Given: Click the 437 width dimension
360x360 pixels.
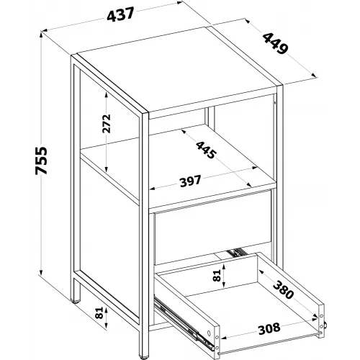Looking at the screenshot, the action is point(120,14).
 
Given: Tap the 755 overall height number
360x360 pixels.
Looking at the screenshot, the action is point(41,161).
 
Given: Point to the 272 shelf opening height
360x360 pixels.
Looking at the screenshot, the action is point(107,123).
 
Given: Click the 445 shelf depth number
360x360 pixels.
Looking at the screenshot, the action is point(206,150).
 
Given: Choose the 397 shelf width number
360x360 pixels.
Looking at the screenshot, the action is point(190,181).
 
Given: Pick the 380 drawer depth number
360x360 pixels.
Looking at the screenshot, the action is point(284,289).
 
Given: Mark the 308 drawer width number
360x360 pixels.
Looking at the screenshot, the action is point(269,328).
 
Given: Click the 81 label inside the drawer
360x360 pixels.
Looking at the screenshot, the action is point(217,276).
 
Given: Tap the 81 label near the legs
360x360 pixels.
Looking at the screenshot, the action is point(99,312).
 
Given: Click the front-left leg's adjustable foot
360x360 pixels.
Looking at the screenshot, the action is point(143,358).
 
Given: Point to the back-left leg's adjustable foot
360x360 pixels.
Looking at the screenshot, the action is point(76,302).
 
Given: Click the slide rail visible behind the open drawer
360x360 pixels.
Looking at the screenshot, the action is point(236,253).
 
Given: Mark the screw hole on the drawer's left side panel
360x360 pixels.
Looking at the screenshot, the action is point(209,333).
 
